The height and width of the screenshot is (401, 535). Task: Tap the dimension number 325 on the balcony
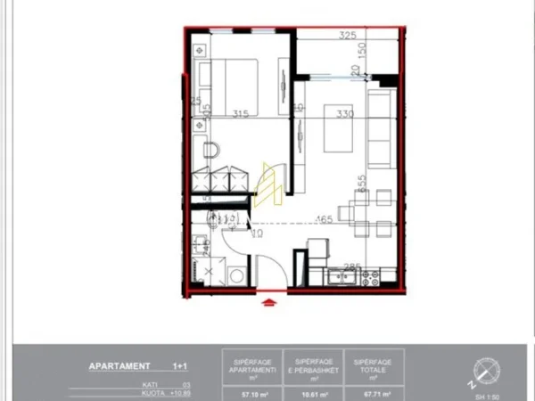coord(349,37)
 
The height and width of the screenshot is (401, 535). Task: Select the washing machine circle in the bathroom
coord(237,276)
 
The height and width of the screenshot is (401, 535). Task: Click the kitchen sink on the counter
coord(342,276)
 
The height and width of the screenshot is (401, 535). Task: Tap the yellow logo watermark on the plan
coord(268,185)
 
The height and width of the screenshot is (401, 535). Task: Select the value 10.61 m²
coord(306,389)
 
